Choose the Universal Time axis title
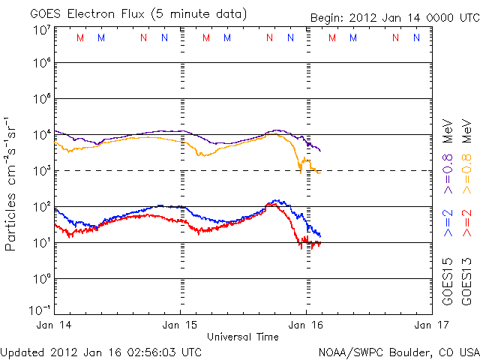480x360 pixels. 243,337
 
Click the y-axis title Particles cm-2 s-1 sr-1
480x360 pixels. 13,184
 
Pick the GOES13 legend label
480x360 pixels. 466,282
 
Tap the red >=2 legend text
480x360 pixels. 466,223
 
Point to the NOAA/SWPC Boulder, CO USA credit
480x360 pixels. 398,351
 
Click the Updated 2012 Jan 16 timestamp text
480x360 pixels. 101,351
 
